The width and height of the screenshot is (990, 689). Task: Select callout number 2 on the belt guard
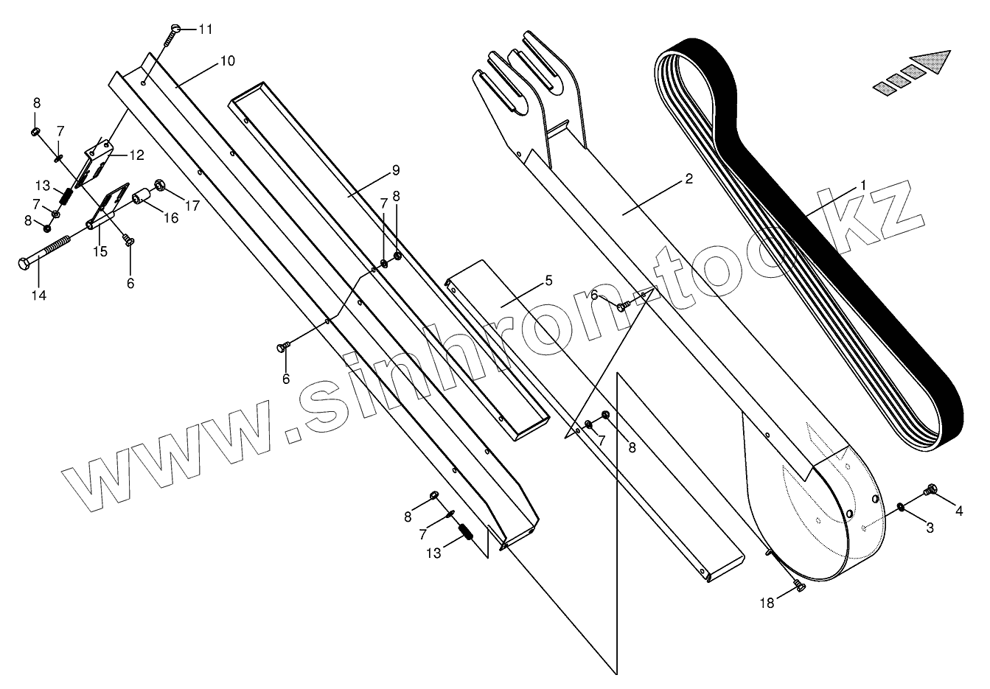pos(689,178)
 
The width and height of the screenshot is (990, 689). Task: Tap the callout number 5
pos(548,281)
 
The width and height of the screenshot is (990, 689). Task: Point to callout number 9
pos(396,170)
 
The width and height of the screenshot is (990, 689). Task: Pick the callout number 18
pos(767,603)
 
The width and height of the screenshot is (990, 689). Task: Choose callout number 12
pos(137,155)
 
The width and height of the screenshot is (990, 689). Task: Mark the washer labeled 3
pos(902,506)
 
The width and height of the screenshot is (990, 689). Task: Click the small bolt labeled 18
pos(796,585)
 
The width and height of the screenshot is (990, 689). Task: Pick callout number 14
pos(38,295)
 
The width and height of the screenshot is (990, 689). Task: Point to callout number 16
pos(171,218)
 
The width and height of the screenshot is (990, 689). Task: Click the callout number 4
pos(959,509)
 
